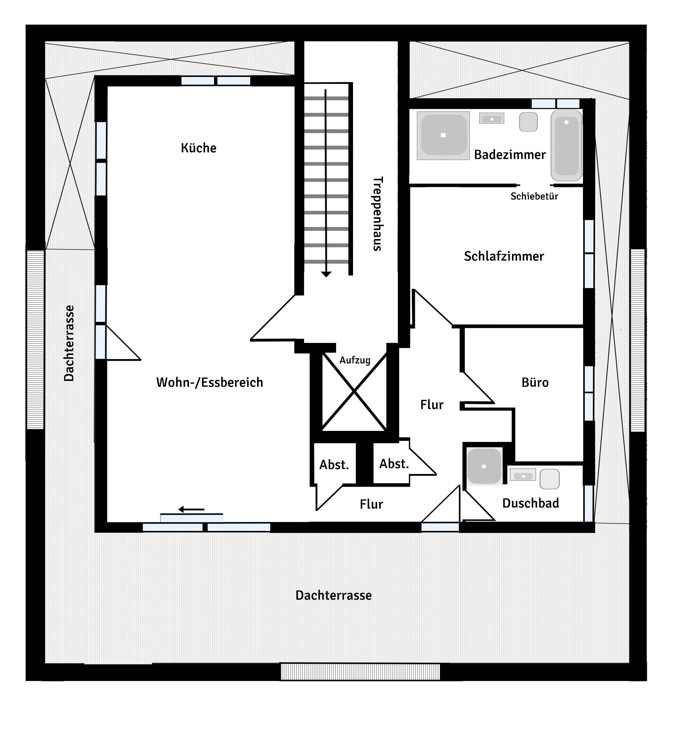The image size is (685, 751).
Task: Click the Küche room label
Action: (x=199, y=148)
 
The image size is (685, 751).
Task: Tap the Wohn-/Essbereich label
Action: (x=210, y=383)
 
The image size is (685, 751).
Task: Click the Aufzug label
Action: (x=355, y=360)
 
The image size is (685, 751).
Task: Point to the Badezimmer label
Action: (x=510, y=155)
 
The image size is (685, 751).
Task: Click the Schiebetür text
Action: (x=534, y=196)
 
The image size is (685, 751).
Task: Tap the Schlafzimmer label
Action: (x=504, y=256)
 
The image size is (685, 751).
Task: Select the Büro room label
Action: (x=535, y=383)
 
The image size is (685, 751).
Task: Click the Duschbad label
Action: (x=530, y=503)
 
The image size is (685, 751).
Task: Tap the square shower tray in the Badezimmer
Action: (x=443, y=136)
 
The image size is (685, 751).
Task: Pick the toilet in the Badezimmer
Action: (x=528, y=122)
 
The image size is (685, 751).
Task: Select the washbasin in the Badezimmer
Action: (x=491, y=119)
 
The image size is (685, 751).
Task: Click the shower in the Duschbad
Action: (x=484, y=466)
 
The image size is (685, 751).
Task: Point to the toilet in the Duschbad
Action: (x=550, y=479)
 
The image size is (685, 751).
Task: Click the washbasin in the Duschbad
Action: (x=523, y=475)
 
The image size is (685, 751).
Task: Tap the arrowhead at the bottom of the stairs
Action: (x=326, y=274)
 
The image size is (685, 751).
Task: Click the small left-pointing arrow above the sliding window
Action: (x=191, y=509)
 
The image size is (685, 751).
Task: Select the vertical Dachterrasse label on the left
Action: (x=69, y=343)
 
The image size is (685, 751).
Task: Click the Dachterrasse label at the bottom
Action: (x=334, y=595)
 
